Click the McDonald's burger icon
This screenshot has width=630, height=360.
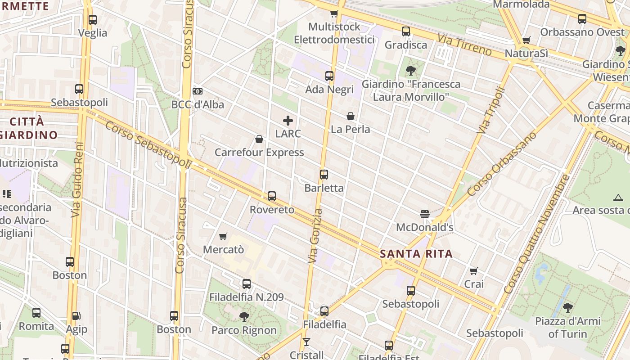(x=425, y=214)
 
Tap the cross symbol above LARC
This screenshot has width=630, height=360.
(x=288, y=121)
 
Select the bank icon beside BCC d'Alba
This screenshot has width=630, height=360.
(x=197, y=91)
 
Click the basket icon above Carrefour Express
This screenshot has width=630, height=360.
(x=259, y=139)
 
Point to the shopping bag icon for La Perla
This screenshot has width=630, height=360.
(x=351, y=116)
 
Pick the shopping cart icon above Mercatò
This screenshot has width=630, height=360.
(x=223, y=236)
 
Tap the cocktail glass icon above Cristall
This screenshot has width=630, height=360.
(x=306, y=342)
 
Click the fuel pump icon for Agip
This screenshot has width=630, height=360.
(x=76, y=316)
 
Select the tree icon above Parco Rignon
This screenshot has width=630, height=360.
(x=244, y=317)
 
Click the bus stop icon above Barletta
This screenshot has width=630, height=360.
(x=324, y=175)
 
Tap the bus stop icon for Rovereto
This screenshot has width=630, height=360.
(x=272, y=196)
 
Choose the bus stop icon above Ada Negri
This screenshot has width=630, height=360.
(x=329, y=76)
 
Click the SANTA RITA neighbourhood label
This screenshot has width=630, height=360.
(x=416, y=254)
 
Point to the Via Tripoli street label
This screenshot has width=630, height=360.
(x=490, y=110)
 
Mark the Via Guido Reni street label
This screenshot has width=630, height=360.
(x=77, y=180)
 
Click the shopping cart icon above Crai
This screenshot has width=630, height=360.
(x=473, y=271)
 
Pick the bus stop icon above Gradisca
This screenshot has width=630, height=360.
(x=406, y=31)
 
